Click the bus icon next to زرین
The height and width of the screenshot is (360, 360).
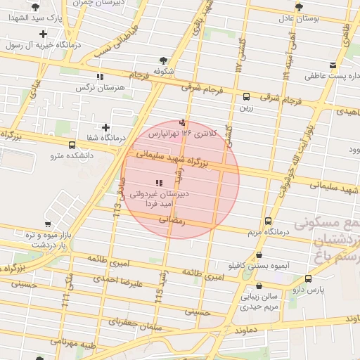point(246,97)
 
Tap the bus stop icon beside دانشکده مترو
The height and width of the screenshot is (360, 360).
point(72,145)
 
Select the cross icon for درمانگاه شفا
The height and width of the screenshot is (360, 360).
point(105,127)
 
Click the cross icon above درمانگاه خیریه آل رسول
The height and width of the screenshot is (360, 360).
point(44,33)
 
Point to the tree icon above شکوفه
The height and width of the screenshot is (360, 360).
point(164,60)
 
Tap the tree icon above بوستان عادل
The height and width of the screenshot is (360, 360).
point(299,6)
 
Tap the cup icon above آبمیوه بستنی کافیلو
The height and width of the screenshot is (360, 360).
point(259,256)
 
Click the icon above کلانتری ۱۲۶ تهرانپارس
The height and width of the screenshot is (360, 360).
point(183,122)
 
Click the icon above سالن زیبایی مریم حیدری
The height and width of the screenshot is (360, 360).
point(259,286)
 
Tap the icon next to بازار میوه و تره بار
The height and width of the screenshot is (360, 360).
point(28,233)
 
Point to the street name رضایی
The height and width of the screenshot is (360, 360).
point(173,219)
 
